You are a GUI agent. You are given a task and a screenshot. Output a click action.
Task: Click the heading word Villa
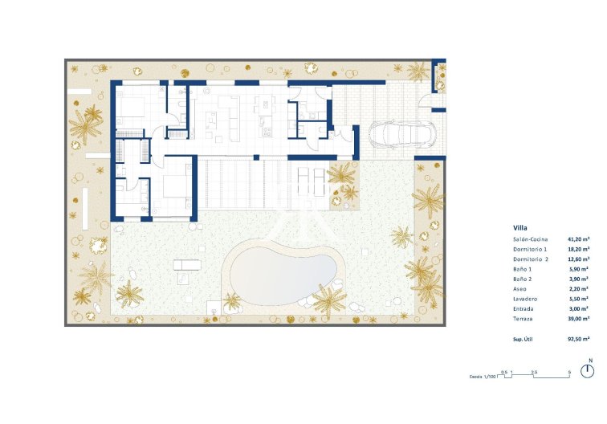tap(519, 227)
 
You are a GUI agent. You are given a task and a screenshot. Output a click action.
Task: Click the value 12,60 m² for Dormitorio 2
tap(579, 259)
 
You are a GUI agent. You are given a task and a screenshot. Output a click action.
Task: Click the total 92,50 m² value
tap(579, 340)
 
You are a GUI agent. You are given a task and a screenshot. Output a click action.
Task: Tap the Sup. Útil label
tap(523, 340)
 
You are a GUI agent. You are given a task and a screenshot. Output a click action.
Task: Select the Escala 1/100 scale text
tap(483, 376)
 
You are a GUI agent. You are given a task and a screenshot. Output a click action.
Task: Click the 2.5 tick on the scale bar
tap(535, 371)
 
